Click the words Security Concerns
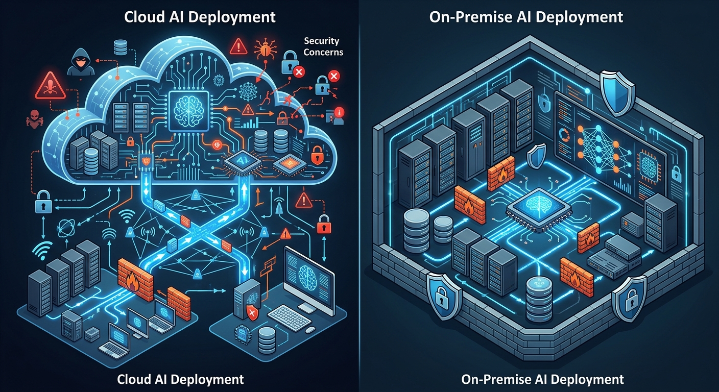click(323, 46)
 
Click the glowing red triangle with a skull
click(50, 86)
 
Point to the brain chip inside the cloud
click(189, 111)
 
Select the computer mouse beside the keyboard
click(310, 330)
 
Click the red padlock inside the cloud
click(317, 155)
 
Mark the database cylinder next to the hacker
click(121, 47)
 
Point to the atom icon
click(66, 228)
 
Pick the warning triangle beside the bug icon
click(238, 47)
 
